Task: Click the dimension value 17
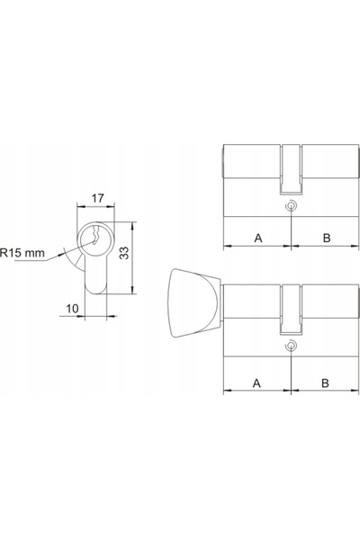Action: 97,198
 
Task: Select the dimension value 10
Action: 72,308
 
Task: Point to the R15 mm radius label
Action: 22,253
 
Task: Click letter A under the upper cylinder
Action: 258,238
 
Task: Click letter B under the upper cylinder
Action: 327,238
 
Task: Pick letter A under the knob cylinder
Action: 256,383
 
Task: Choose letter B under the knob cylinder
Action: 325,383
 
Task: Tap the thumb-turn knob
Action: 193,302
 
